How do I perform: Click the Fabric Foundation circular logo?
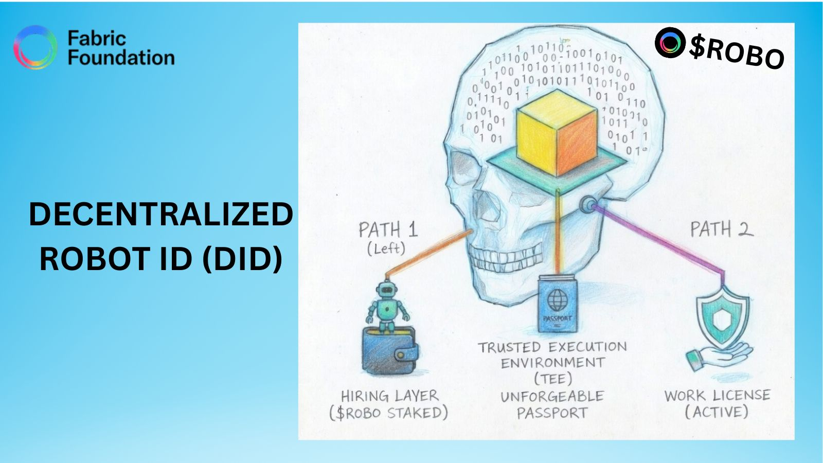point(35,47)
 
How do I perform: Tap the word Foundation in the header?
point(121,58)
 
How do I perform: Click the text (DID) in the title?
point(242,258)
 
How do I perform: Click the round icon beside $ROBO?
point(670,42)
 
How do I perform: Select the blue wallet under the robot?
point(389,351)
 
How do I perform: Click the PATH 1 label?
point(388,229)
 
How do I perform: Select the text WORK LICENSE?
point(717,396)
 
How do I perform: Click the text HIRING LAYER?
point(389,396)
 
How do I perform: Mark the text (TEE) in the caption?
point(553,379)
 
